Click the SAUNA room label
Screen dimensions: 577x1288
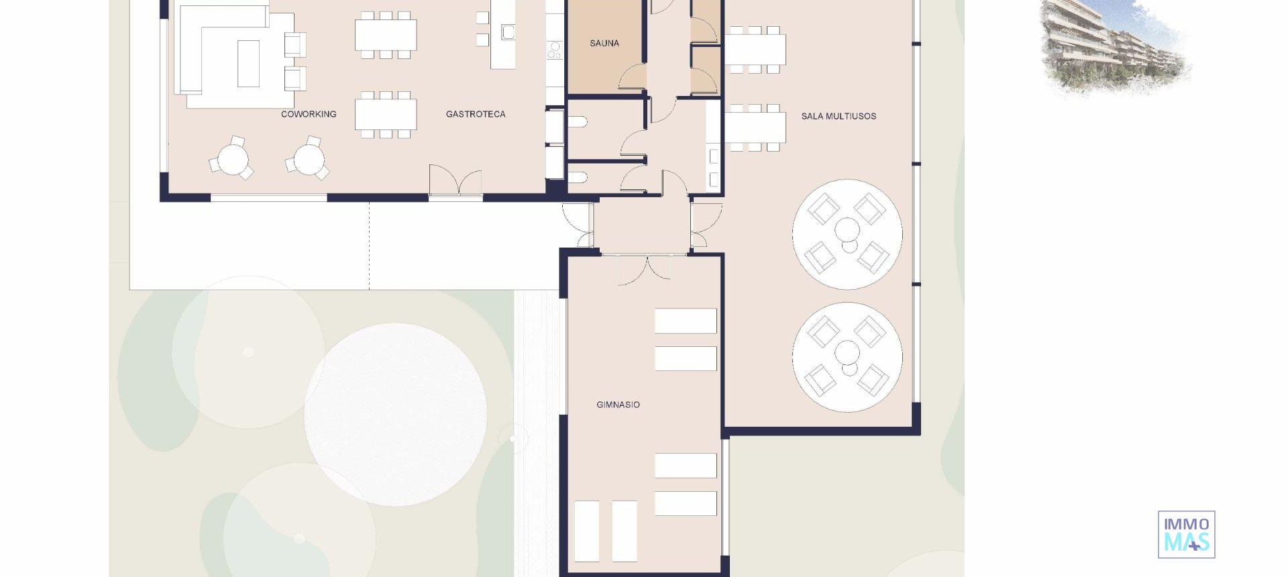(604, 44)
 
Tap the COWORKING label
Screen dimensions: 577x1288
(309, 115)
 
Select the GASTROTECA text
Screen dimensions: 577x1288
(476, 115)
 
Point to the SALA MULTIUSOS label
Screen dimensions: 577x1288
(839, 116)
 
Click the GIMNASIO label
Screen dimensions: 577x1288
(618, 405)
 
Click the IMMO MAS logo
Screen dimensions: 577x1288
(1186, 535)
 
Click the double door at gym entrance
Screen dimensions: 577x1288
(644, 268)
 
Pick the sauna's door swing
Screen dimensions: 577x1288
(633, 78)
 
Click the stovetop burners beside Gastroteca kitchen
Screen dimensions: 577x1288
(555, 48)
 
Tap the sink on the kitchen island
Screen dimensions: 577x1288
(508, 32)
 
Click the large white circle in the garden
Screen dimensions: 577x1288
(395, 414)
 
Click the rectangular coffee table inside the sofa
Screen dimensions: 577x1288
(248, 63)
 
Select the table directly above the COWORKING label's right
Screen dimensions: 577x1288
(385, 114)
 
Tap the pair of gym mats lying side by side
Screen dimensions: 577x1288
(605, 531)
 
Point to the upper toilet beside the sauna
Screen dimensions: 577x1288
(579, 122)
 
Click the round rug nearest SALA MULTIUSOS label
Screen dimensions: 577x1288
(847, 234)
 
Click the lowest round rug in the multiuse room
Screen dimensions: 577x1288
(847, 356)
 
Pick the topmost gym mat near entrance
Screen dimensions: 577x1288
(685, 321)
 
